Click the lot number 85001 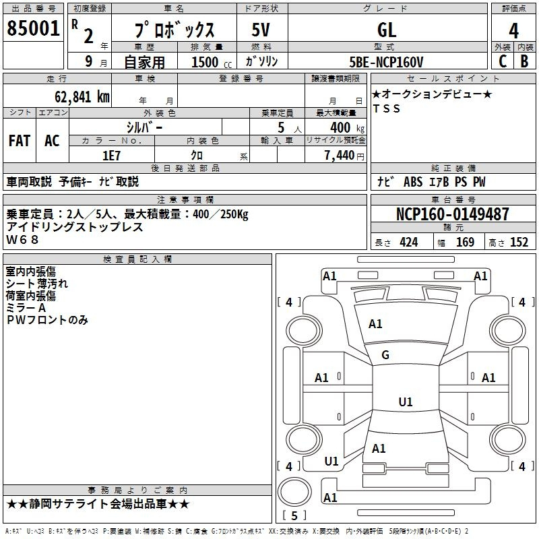[33, 28]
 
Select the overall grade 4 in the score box [513, 30]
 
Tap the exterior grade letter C [503, 61]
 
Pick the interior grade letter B [524, 61]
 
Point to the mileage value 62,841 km [82, 97]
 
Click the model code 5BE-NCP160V [386, 62]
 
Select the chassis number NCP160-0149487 [452, 214]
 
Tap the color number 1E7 [111, 156]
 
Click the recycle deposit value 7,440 [339, 156]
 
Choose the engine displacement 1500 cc [212, 62]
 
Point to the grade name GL [387, 30]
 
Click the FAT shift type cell [20, 141]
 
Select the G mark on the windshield [385, 355]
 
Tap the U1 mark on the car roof [406, 402]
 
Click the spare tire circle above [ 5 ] [294, 492]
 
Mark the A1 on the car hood [375, 324]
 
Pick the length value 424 [409, 243]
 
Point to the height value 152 [519, 243]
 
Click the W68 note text [22, 240]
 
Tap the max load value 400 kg [347, 127]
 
